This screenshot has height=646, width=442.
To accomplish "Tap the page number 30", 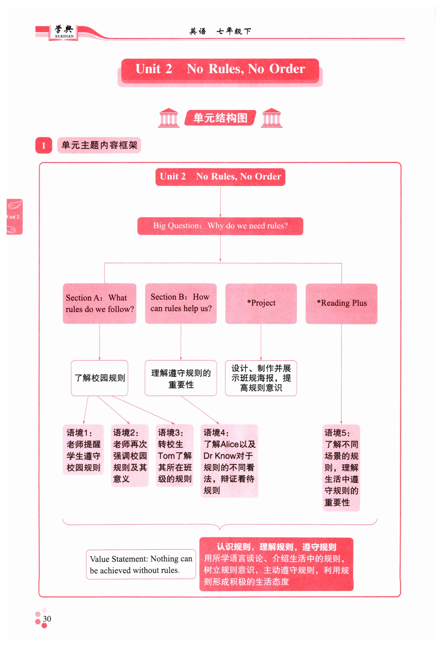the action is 47,619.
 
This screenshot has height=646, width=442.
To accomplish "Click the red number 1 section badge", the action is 44,145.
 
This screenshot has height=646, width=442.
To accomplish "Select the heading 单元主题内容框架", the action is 99,145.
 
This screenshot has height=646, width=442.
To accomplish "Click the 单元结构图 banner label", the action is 220,118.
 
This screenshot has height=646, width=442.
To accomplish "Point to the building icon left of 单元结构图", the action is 169,118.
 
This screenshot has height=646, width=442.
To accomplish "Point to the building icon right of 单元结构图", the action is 271,118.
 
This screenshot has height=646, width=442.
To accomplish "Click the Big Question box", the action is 220,226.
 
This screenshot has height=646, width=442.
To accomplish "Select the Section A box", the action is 99,303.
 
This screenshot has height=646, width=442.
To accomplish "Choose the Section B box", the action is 181,303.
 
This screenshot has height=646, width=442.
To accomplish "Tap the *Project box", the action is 261,303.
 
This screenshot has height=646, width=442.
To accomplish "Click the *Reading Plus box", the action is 341,303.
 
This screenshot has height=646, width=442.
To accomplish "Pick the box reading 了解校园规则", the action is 99,378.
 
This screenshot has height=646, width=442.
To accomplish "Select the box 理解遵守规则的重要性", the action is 181,378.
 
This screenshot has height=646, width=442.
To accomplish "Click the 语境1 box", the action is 83,450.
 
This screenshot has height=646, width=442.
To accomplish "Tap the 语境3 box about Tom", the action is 175,455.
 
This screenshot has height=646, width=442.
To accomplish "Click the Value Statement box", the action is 141,564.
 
